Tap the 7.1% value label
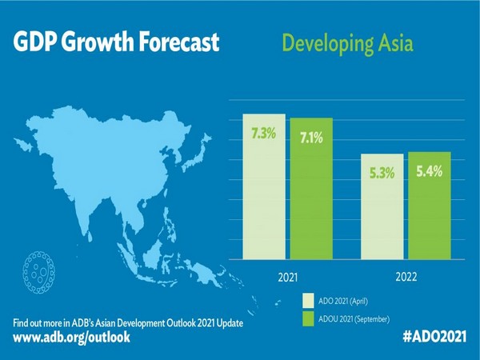(x=311, y=138)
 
